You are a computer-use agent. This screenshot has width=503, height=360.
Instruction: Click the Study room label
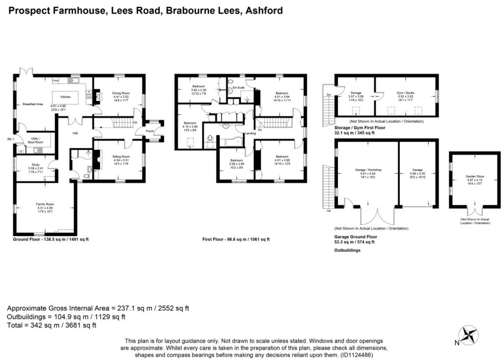coord(35,165)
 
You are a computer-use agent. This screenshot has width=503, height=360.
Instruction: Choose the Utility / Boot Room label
coord(35,140)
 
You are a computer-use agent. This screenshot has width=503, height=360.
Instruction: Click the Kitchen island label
coord(66,97)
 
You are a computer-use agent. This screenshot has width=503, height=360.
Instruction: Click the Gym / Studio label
coord(406,92)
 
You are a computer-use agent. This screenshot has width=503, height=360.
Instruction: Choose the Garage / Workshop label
coord(368,170)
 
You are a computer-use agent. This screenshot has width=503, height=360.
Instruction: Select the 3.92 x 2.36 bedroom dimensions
coord(198,90)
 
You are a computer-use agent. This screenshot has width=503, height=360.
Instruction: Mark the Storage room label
coord(356,92)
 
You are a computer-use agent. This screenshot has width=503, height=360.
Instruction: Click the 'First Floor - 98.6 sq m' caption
coord(236,239)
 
